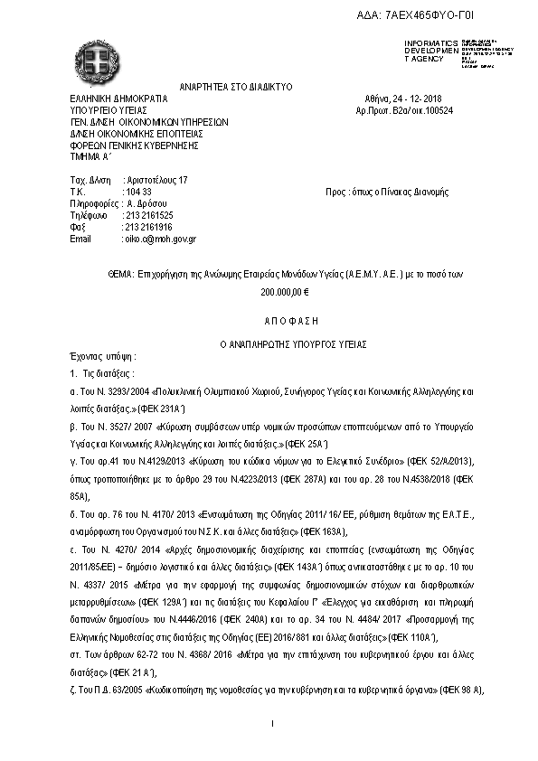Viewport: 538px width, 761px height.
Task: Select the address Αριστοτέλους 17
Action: tap(156, 181)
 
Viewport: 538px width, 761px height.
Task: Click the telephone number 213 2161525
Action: tap(149, 216)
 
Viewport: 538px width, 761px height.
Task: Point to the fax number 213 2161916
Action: tap(149, 228)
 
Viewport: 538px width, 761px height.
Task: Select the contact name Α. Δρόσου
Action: tap(145, 204)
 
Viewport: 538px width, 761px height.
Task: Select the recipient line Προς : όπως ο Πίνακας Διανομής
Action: tap(386, 193)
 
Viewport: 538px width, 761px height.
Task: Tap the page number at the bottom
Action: tap(272, 724)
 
